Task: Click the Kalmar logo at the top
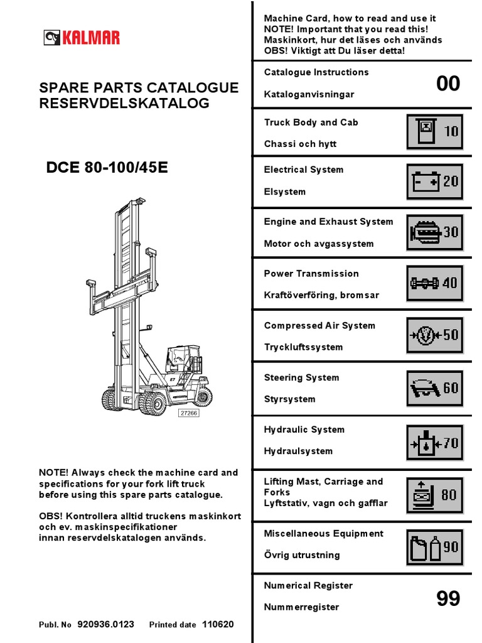[x=82, y=38]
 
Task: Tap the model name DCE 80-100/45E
[x=107, y=168]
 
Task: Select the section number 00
[x=448, y=84]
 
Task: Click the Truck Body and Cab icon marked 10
[x=434, y=131]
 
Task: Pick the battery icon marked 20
[x=434, y=181]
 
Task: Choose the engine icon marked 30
[x=434, y=232]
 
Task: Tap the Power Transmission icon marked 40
[x=434, y=283]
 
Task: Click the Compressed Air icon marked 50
[x=434, y=335]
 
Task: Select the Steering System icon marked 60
[x=434, y=388]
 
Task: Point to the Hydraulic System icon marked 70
[x=434, y=443]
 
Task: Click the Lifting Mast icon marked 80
[x=434, y=495]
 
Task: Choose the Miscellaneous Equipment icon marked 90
[x=434, y=547]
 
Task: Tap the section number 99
[x=448, y=599]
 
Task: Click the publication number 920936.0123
[x=106, y=625]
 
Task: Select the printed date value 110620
[x=217, y=625]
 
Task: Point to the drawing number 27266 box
[x=190, y=413]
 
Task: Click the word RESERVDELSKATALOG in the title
[x=124, y=104]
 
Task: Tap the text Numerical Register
[x=308, y=585]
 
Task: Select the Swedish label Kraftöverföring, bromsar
[x=321, y=295]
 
